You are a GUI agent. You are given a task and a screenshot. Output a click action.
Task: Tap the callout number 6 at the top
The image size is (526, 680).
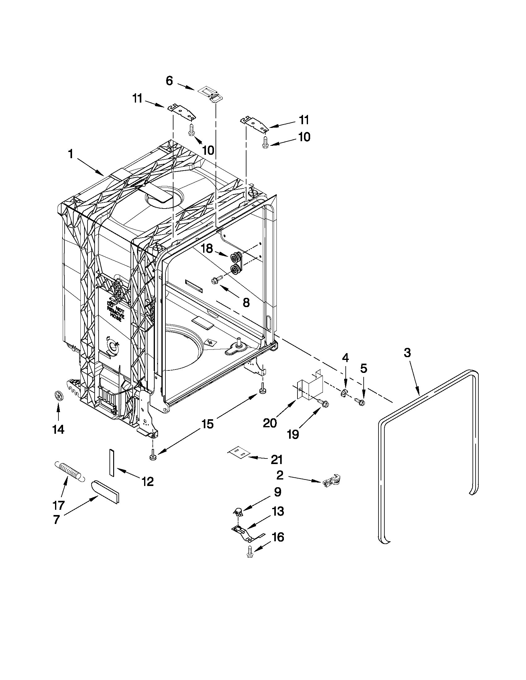coord(169,81)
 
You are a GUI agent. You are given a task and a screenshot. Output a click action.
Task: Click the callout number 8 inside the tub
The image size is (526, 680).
coord(246,302)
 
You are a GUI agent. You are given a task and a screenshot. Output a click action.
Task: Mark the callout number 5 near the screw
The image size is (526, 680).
coord(363,369)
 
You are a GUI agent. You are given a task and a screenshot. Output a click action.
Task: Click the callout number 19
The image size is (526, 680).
coord(293,434)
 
